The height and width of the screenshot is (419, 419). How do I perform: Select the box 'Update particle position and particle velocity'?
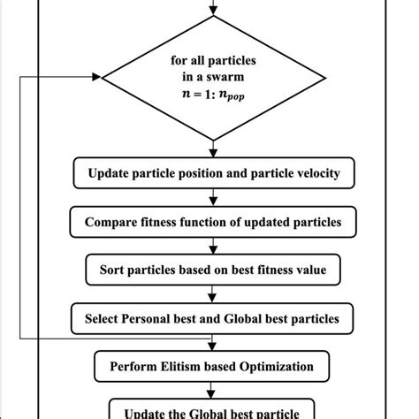pos(213,173)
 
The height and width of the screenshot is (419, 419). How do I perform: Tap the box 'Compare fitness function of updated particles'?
pos(213,221)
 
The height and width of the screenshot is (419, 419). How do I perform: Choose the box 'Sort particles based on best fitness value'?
pos(213,269)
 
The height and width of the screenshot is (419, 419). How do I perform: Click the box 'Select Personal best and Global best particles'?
pos(213,316)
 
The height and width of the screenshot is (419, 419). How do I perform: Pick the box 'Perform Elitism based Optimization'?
pos(213,364)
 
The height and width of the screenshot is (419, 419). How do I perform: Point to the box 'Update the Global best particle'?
pos(213,409)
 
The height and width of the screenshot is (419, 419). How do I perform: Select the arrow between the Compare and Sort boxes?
pos(213,246)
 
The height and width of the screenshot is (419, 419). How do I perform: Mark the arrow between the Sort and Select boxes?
pos(213,293)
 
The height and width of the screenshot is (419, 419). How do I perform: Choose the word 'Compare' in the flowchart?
pos(112,221)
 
